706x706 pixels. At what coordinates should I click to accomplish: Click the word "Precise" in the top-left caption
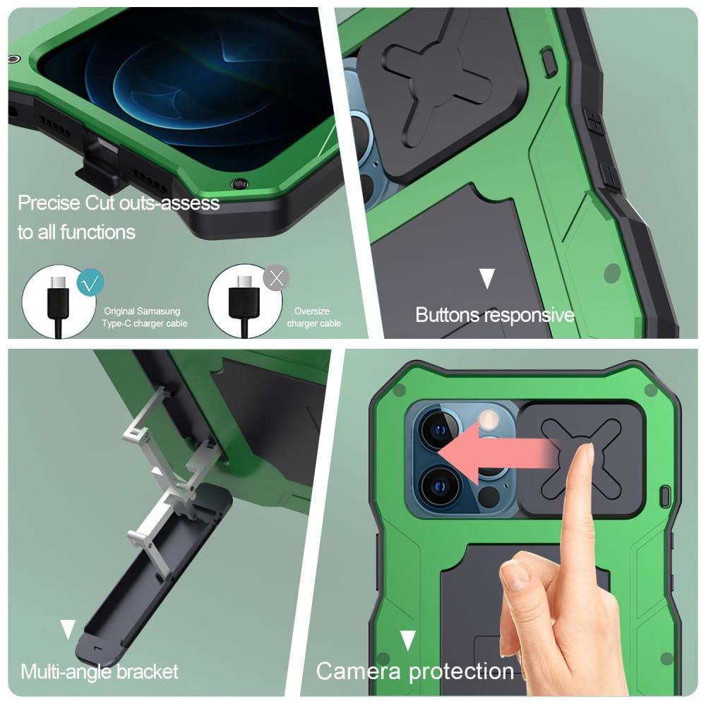coord(49,203)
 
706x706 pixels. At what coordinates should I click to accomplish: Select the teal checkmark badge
coord(90,282)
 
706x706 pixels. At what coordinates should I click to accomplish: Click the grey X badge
coord(277,277)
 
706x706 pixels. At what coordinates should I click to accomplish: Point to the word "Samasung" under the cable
coord(158,311)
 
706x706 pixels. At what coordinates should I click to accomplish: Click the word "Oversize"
coord(311,311)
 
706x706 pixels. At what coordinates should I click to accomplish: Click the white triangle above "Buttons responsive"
coord(487,278)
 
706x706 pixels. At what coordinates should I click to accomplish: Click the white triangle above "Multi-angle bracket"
coord(68,629)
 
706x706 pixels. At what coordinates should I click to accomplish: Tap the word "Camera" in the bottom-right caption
coord(359,671)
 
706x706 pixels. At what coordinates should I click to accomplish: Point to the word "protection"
coord(461,672)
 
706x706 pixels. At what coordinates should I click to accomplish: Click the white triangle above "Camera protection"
coord(408,640)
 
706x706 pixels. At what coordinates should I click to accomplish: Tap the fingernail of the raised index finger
coord(586,454)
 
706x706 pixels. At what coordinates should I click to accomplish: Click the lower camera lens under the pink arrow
coord(439,486)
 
